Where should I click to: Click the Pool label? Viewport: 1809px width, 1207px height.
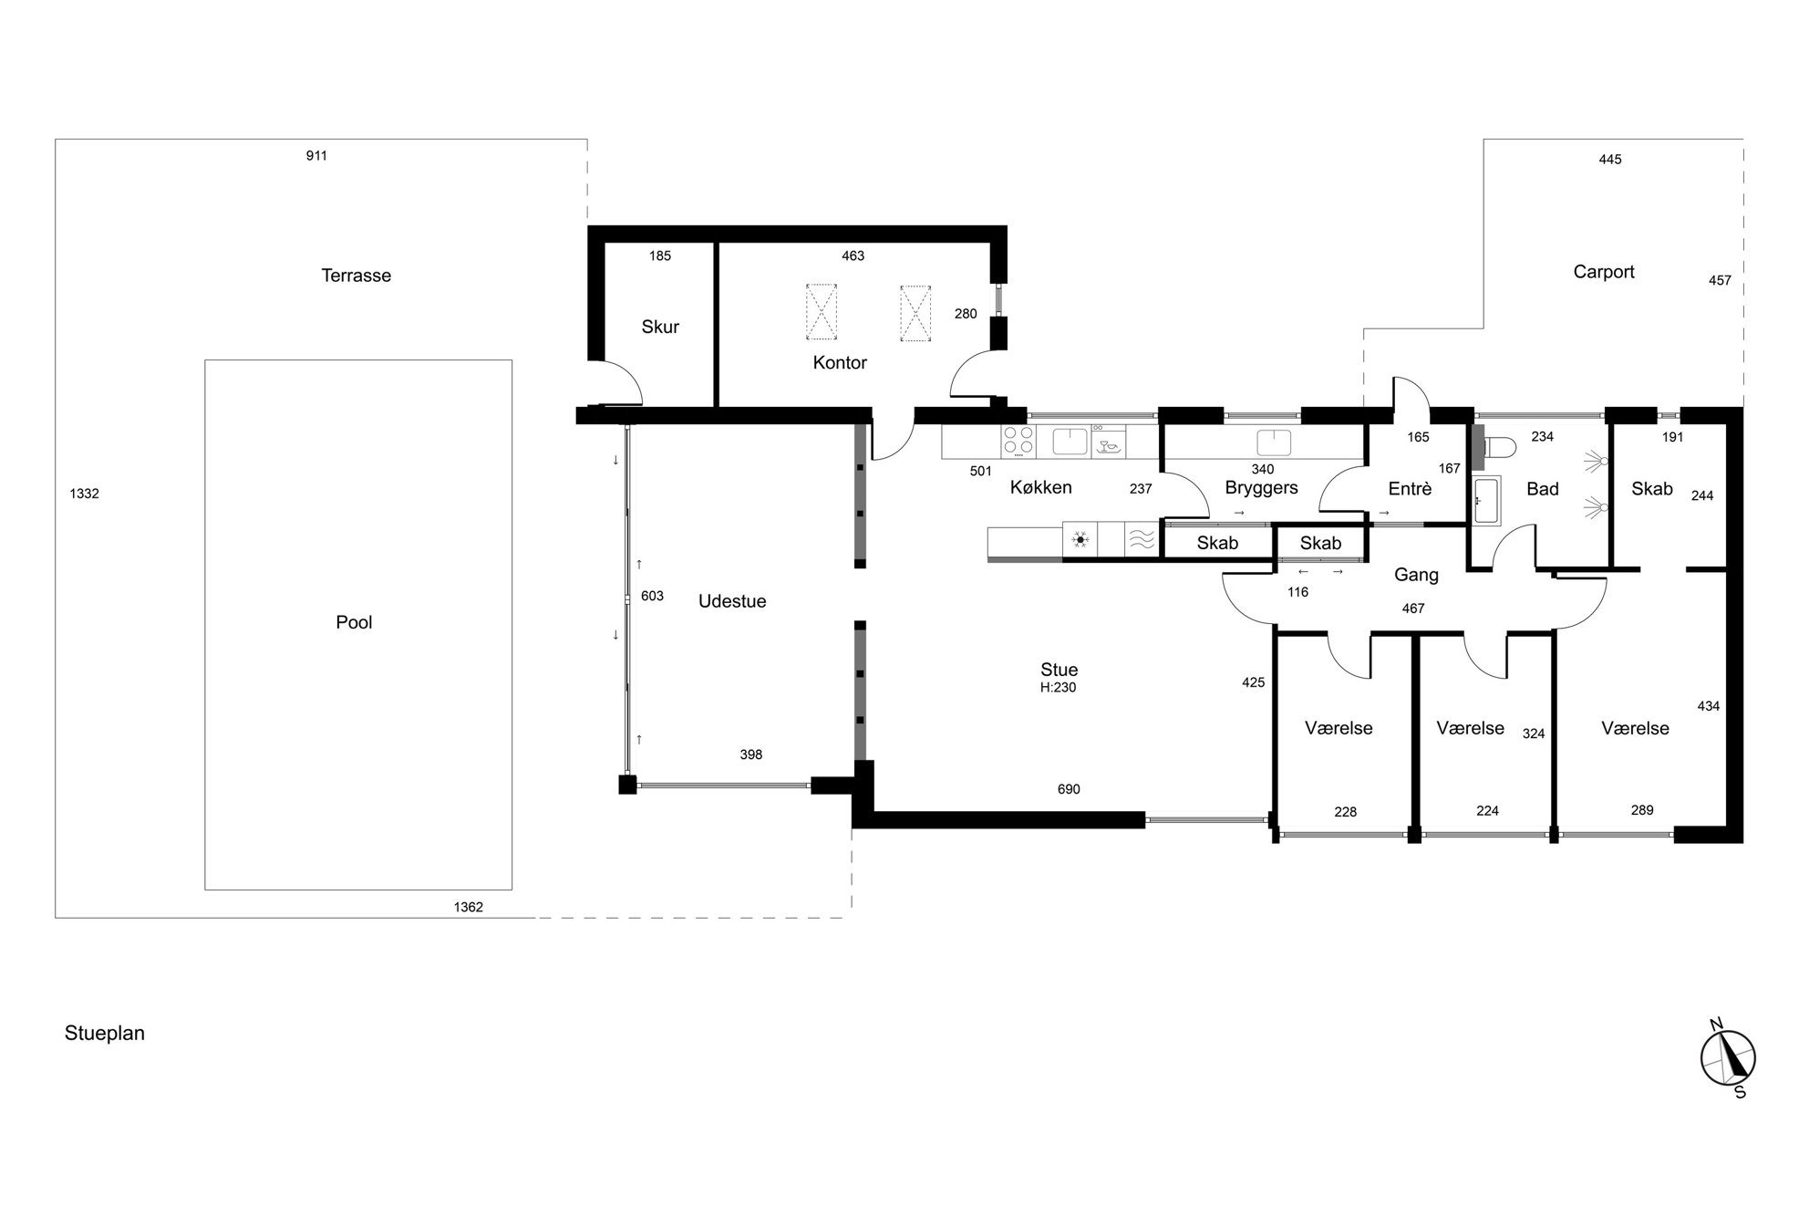pyautogui.click(x=354, y=622)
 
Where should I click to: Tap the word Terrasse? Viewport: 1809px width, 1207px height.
pyautogui.click(x=356, y=276)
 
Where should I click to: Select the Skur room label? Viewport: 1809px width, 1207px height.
pyautogui.click(x=660, y=327)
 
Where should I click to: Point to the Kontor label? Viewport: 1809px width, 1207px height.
pyautogui.click(x=840, y=362)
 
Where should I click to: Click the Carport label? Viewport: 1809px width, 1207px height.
pyautogui.click(x=1604, y=272)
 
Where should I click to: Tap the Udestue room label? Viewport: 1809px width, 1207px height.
pyautogui.click(x=732, y=601)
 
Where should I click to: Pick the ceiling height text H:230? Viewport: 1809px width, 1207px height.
pyautogui.click(x=1058, y=688)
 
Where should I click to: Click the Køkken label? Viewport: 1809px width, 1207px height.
pyautogui.click(x=1040, y=487)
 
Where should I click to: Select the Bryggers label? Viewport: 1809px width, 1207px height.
pyautogui.click(x=1261, y=488)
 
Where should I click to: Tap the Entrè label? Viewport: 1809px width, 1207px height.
pyautogui.click(x=1410, y=489)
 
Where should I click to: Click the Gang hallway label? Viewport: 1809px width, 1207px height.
pyautogui.click(x=1416, y=575)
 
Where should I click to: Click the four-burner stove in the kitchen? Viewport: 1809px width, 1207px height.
pyautogui.click(x=1018, y=442)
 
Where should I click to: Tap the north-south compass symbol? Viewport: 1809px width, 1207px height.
pyautogui.click(x=1728, y=1058)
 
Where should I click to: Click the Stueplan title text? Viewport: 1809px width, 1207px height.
pyautogui.click(x=105, y=1034)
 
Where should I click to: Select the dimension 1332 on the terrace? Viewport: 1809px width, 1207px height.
pyautogui.click(x=84, y=494)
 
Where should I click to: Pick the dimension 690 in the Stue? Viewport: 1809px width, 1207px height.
pyautogui.click(x=1069, y=789)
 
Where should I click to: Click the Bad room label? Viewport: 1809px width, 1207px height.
pyautogui.click(x=1543, y=489)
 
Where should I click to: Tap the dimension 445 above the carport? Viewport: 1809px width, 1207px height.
pyautogui.click(x=1610, y=160)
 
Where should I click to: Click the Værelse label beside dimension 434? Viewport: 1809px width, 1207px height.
pyautogui.click(x=1635, y=728)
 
